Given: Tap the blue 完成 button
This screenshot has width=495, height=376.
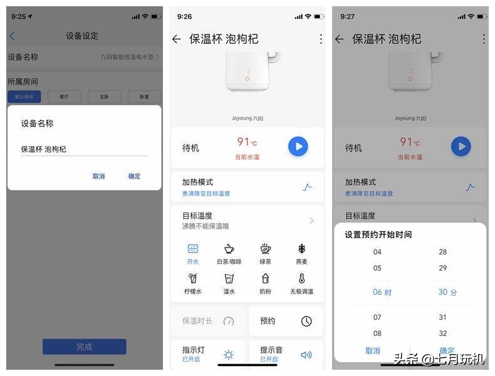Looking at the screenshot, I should click(x=84, y=347).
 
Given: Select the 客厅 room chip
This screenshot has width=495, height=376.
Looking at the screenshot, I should click(x=64, y=97).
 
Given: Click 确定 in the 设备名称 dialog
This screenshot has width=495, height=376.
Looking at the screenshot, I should click(x=134, y=176).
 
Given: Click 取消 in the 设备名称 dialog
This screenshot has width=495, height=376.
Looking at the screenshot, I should click(x=98, y=176).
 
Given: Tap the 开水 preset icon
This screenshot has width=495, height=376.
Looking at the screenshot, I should click(x=193, y=249).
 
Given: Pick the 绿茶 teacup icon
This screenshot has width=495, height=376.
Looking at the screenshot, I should click(x=266, y=249).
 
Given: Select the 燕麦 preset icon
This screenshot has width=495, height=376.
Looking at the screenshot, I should click(x=301, y=249).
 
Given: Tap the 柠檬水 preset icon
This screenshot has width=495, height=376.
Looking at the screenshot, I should click(x=193, y=278).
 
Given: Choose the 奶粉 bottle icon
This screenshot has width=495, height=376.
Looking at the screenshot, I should click(x=266, y=278).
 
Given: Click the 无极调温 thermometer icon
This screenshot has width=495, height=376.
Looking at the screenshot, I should click(x=301, y=278).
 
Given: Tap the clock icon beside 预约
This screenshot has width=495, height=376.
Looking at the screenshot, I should click(x=306, y=321).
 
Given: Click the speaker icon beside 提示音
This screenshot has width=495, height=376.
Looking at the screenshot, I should click(x=306, y=355).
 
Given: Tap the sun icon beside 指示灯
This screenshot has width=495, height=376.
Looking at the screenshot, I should click(x=229, y=355).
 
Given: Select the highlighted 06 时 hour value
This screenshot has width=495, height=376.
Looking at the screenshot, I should click(x=382, y=292).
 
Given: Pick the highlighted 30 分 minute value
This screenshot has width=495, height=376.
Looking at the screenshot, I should click(x=447, y=292).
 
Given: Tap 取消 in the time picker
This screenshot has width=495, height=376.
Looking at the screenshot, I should click(x=373, y=351).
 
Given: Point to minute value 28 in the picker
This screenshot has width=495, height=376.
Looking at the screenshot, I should click(x=443, y=252).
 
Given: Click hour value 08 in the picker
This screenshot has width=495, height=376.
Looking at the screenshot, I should click(x=377, y=333).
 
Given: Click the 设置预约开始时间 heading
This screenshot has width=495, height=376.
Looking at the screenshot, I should click(x=378, y=234).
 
